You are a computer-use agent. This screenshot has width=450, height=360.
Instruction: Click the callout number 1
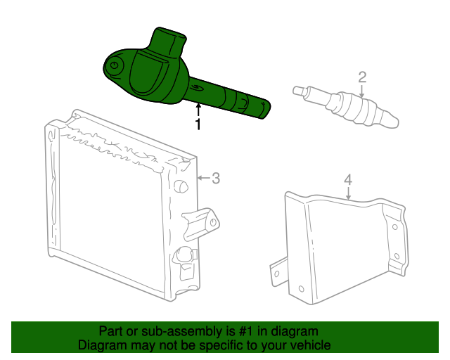click(x=198, y=124)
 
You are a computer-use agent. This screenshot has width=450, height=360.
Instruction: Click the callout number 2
click(x=362, y=77)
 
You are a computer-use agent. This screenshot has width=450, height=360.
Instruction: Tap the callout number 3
click(x=216, y=178)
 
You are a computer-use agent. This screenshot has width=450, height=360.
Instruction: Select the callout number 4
click(x=348, y=180)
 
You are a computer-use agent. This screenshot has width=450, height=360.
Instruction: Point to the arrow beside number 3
click(x=204, y=178)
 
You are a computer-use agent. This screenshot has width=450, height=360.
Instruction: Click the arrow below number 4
click(x=348, y=193)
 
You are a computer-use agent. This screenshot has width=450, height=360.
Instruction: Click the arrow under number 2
click(x=362, y=91)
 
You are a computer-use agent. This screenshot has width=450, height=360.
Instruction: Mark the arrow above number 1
click(x=198, y=110)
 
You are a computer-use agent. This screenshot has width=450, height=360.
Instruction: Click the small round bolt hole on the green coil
click(x=114, y=65)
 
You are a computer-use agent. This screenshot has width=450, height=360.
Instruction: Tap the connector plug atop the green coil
click(x=169, y=40)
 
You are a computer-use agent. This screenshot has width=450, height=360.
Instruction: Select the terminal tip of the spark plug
click(x=298, y=91)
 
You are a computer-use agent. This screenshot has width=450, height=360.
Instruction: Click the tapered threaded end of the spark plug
click(x=390, y=120)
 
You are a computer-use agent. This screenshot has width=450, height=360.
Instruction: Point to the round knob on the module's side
click(x=181, y=186)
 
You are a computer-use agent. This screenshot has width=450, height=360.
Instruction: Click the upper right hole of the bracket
click(x=394, y=227)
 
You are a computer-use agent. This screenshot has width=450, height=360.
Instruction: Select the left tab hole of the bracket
click(x=276, y=274)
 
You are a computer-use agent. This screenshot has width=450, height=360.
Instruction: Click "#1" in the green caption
click(x=245, y=331)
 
